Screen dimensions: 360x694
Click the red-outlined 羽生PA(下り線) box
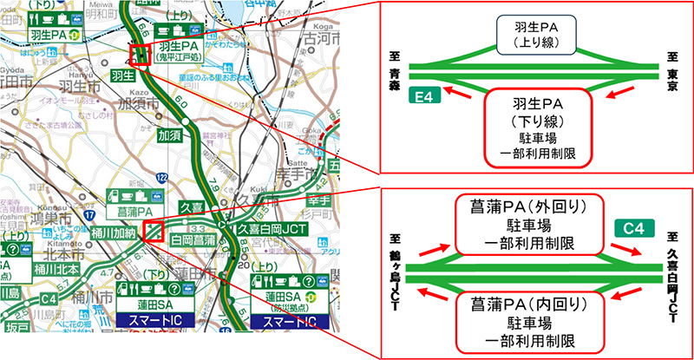pyautogui.click(x=535, y=128)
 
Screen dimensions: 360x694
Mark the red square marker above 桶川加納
pyautogui.click(x=154, y=232)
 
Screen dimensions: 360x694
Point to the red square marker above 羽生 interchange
pyautogui.click(x=139, y=55)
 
